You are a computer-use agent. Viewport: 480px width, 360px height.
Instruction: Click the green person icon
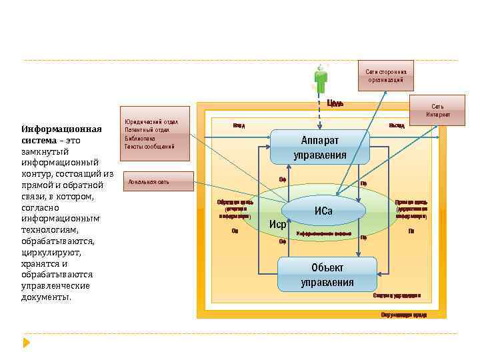pyautogui.click(x=321, y=79)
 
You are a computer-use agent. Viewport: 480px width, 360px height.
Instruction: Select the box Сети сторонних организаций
pyautogui.click(x=385, y=75)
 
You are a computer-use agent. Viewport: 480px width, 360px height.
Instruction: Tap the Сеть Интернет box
pyautogui.click(x=438, y=110)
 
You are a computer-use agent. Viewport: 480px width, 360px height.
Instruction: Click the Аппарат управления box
pyautogui.click(x=320, y=148)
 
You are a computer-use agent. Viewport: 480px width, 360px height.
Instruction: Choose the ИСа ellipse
pyautogui.click(x=323, y=211)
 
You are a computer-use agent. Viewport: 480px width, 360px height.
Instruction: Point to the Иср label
pyautogui.click(x=277, y=223)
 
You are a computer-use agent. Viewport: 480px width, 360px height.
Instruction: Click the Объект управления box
pyautogui.click(x=327, y=274)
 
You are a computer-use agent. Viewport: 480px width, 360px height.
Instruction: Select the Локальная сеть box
pyautogui.click(x=156, y=181)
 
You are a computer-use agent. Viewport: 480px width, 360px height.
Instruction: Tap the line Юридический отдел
pyautogui.click(x=151, y=122)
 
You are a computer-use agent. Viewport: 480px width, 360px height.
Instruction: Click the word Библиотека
pyautogui.click(x=141, y=138)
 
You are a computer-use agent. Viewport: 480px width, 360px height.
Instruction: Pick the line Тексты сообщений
pyautogui.click(x=149, y=146)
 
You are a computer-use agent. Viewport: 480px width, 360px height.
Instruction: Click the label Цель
pyautogui.click(x=335, y=103)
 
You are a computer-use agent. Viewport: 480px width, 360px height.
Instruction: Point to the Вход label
pyautogui.click(x=239, y=125)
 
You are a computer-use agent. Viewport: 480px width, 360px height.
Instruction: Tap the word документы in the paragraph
pyautogui.click(x=47, y=297)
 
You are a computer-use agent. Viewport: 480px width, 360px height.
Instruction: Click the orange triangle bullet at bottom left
pyautogui.click(x=27, y=343)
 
